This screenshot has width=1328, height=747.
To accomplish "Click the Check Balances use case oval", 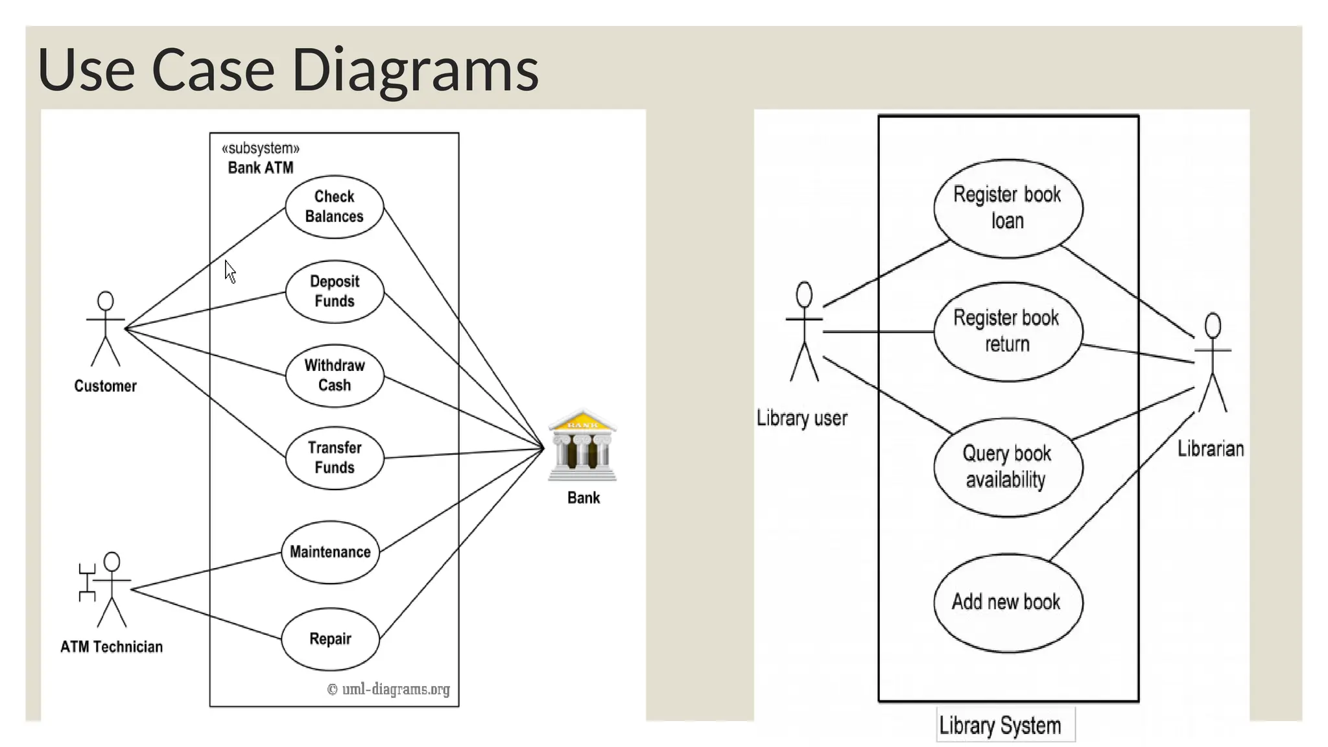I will (334, 207).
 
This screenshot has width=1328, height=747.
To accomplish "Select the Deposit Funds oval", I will (334, 292).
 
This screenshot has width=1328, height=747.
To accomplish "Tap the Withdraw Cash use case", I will (334, 375).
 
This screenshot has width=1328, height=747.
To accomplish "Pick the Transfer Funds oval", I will (334, 458).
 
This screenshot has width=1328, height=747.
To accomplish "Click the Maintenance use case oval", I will (330, 552).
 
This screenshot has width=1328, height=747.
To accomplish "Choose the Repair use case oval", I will (330, 639).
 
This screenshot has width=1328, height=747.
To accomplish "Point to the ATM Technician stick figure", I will (110, 589).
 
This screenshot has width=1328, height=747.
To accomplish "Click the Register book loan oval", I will (1008, 208).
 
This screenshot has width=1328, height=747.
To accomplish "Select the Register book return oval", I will (1008, 331).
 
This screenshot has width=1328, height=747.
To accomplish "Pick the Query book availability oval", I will (1008, 467).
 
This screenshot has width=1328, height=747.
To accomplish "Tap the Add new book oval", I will (1008, 602).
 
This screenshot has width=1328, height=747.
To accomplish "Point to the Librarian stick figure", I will (1213, 363).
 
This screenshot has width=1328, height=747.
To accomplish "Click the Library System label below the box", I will (1000, 726).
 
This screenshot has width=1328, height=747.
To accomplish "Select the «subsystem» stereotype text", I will (261, 148).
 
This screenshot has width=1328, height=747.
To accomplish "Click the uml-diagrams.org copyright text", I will (388, 689).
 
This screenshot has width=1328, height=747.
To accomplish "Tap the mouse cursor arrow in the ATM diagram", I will (230, 271).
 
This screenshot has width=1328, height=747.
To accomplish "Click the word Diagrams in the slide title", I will (415, 69).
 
